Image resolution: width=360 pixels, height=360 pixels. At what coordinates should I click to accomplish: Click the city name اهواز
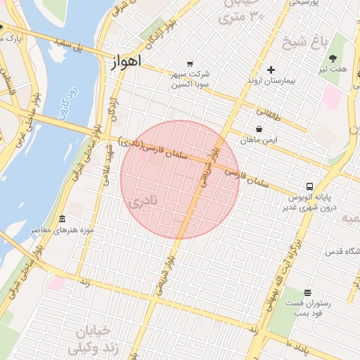[x=127, y=62]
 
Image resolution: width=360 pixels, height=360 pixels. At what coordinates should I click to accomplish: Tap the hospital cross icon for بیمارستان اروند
[x=271, y=70]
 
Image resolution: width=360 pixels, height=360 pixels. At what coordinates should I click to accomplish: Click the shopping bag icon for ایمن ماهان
[x=259, y=129]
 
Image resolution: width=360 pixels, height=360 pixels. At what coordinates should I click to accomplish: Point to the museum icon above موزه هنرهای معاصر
[x=62, y=219]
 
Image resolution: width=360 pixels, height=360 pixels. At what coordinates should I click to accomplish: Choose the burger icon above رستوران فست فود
[x=307, y=292]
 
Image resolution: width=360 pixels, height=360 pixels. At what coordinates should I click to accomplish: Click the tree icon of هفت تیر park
[x=333, y=58]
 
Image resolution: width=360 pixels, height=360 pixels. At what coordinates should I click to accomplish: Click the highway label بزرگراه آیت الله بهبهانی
[x=281, y=274]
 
